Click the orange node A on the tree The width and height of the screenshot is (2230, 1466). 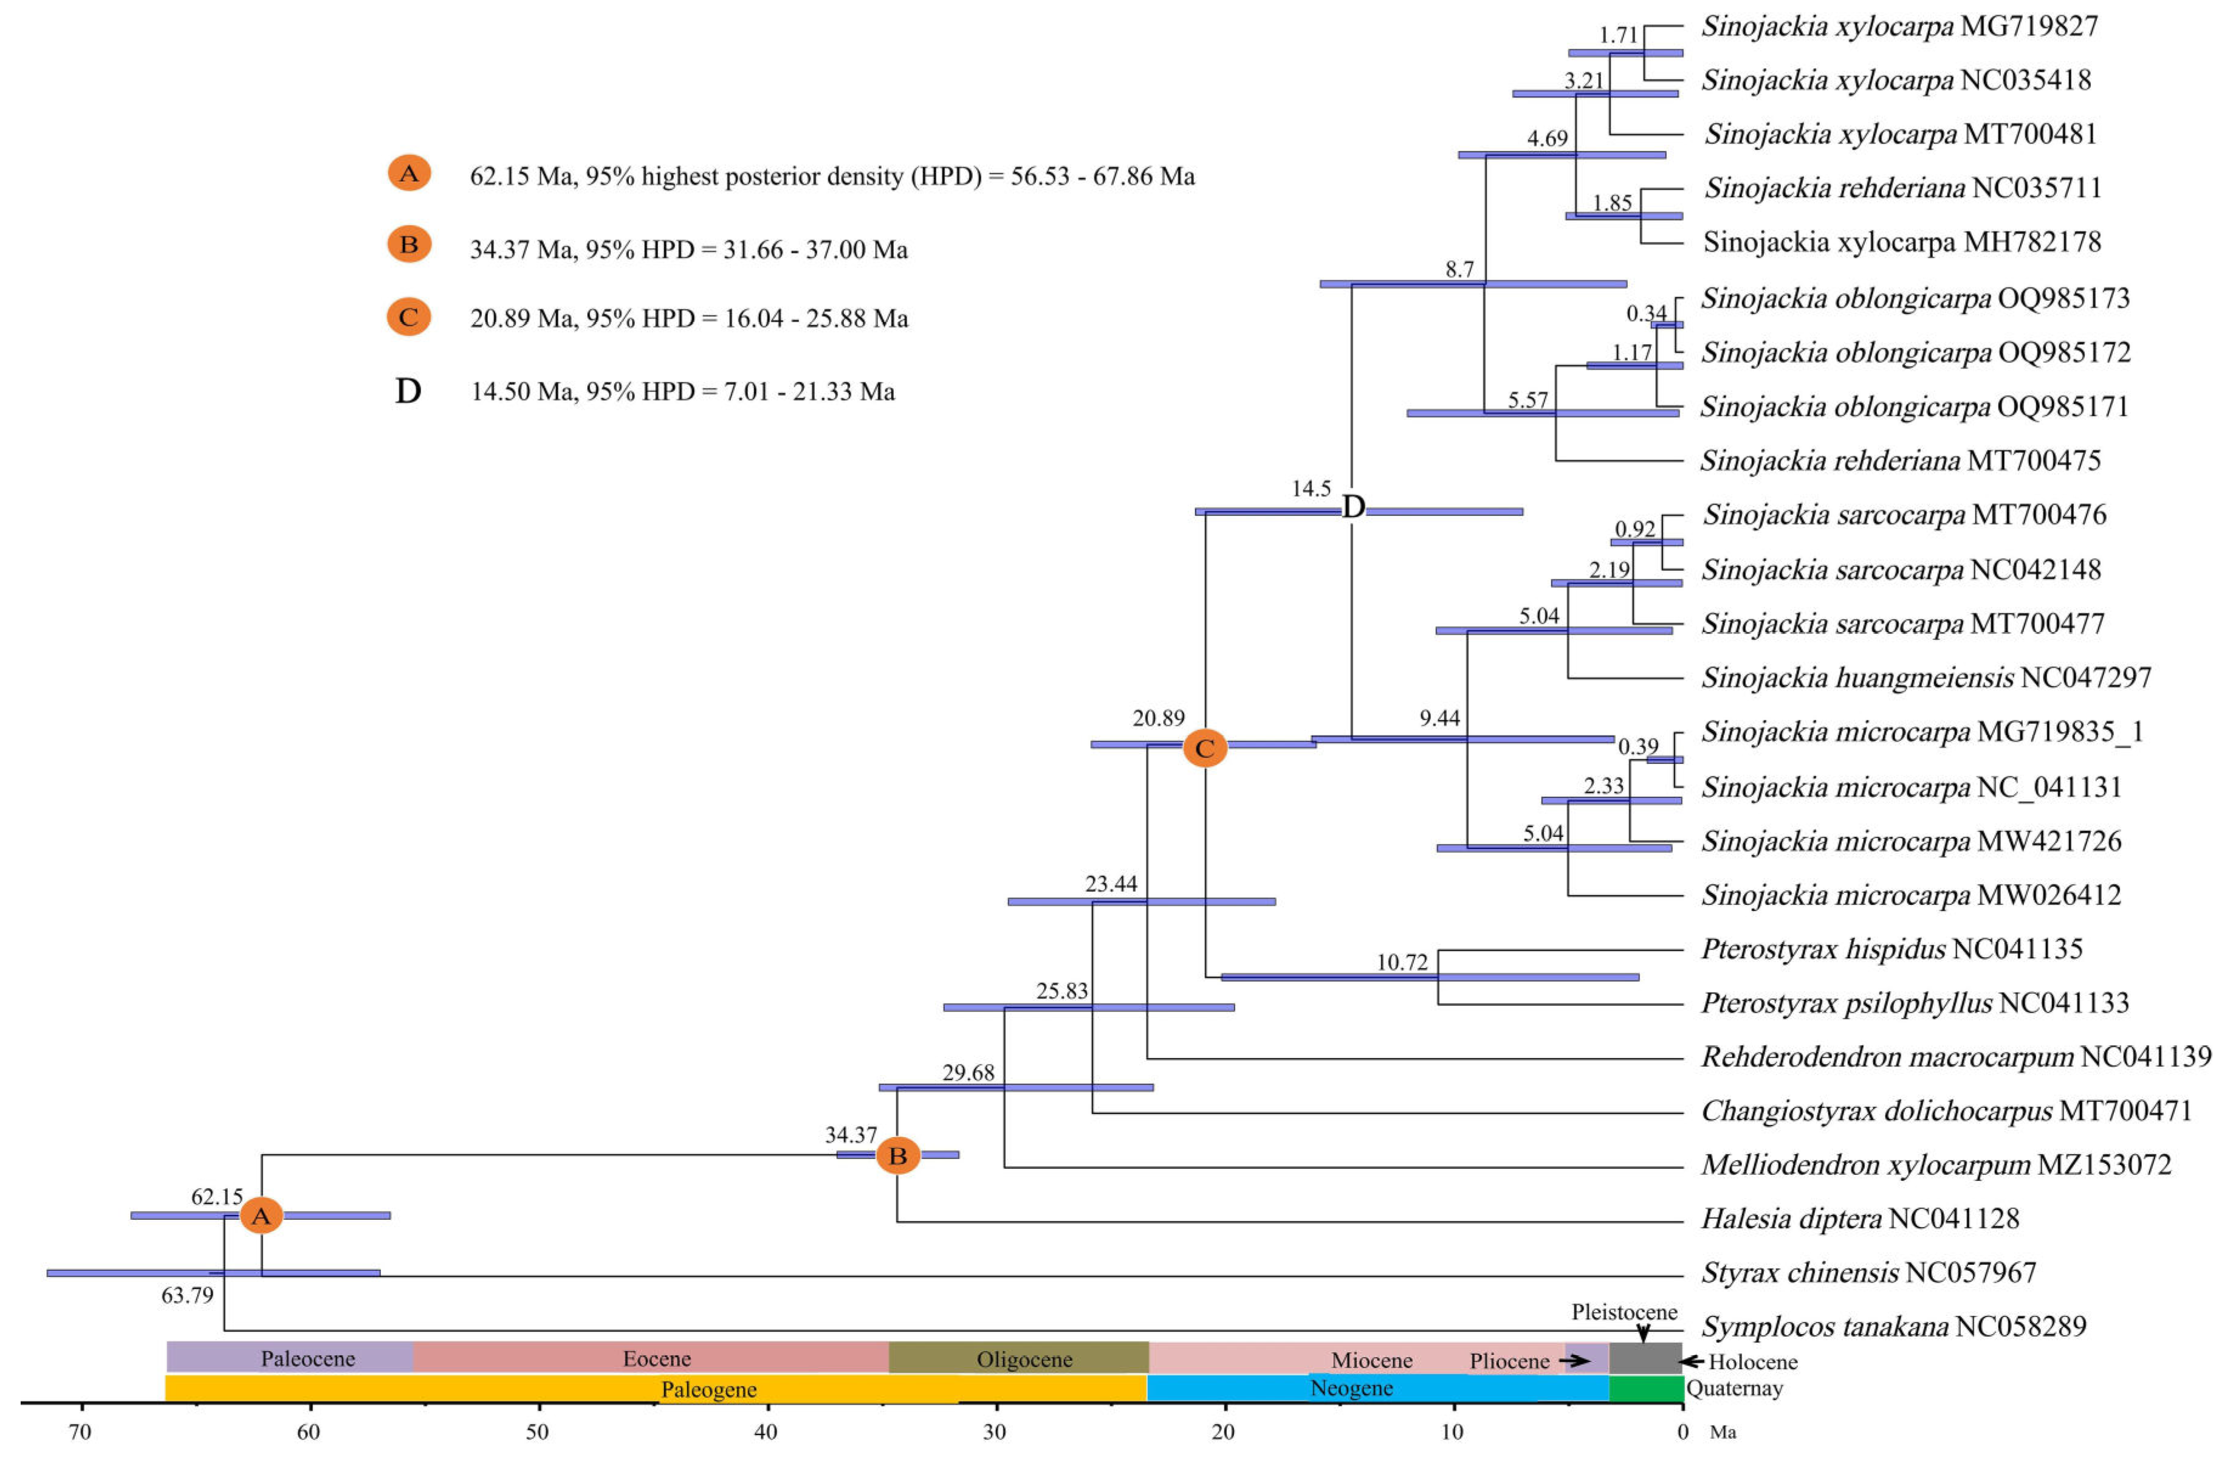click(261, 1216)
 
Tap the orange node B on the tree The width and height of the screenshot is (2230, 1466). click(897, 1156)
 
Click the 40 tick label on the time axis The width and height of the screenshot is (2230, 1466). click(766, 1432)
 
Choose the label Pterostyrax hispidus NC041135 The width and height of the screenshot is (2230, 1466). click(1891, 949)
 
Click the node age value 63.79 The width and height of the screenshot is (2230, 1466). click(187, 1295)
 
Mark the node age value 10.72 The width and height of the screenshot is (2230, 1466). click(1402, 962)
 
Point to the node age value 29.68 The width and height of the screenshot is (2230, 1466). click(968, 1072)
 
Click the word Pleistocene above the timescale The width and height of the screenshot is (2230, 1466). click(1624, 1312)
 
